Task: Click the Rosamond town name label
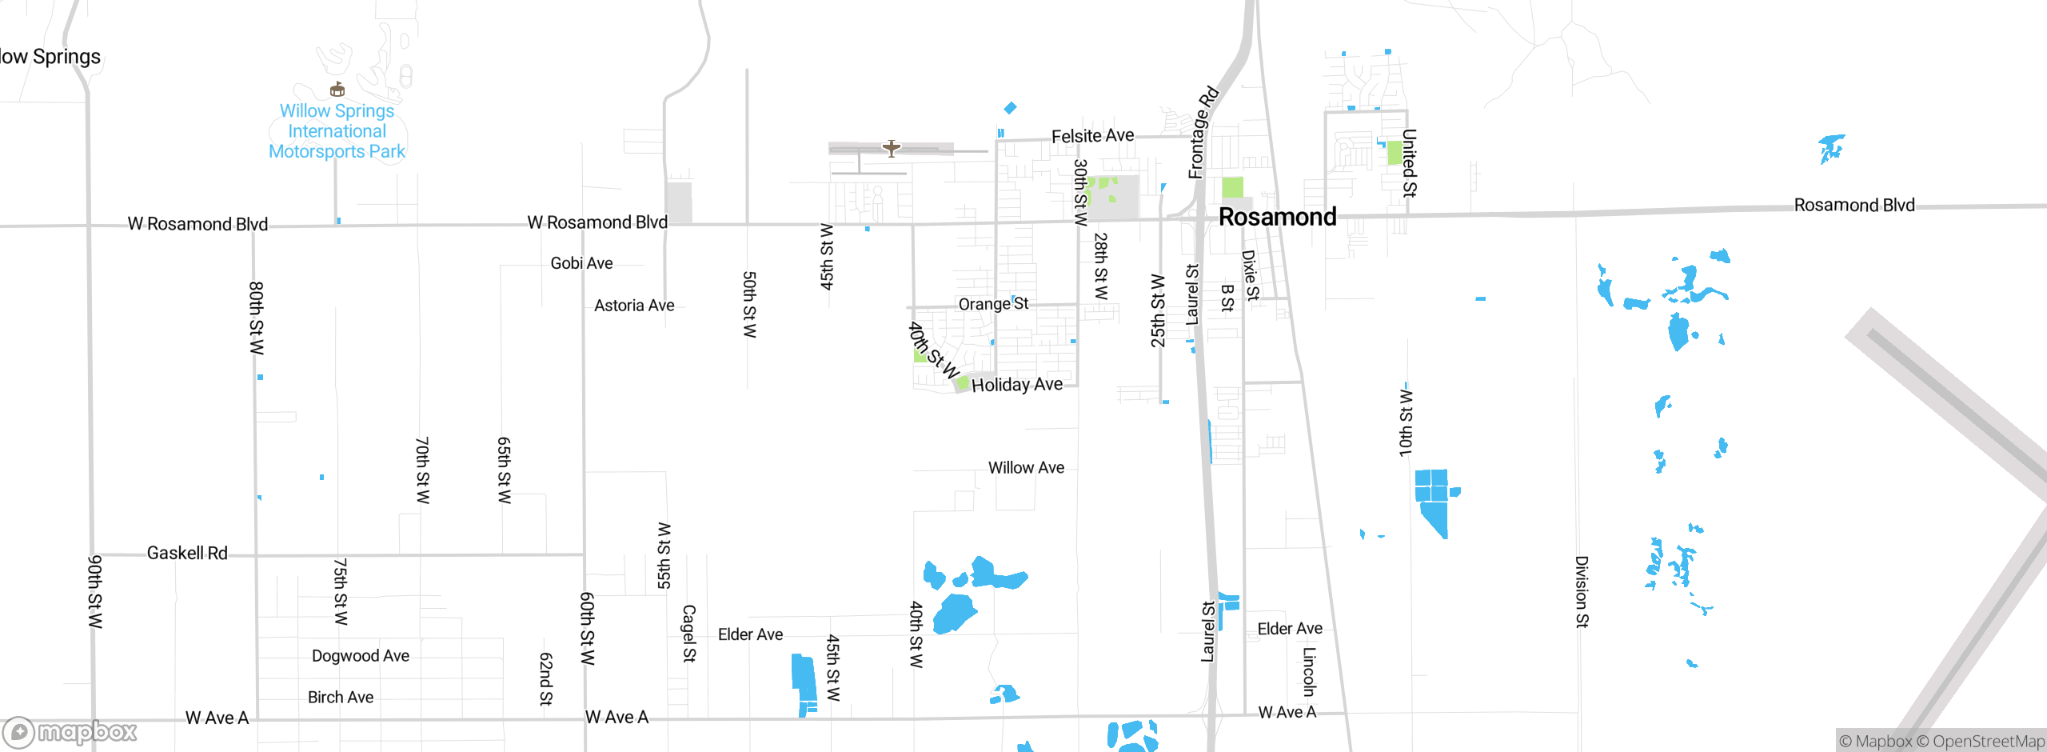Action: (1277, 217)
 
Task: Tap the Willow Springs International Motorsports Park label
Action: (337, 131)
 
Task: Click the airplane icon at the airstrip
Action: (892, 148)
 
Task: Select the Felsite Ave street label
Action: (1092, 136)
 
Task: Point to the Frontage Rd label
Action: (1202, 132)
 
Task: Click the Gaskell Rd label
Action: (187, 553)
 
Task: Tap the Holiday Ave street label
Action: (1016, 385)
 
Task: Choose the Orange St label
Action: (993, 304)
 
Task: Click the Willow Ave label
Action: (1026, 467)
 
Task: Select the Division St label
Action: (1581, 591)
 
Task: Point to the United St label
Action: (1409, 162)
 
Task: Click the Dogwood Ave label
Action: (360, 656)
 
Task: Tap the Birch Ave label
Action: (341, 697)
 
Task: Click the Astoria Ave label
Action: (634, 306)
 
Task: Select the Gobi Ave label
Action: (581, 263)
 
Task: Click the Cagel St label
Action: (688, 633)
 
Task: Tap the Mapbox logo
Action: (70, 731)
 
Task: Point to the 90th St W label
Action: (95, 591)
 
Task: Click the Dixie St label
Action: (1250, 274)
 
